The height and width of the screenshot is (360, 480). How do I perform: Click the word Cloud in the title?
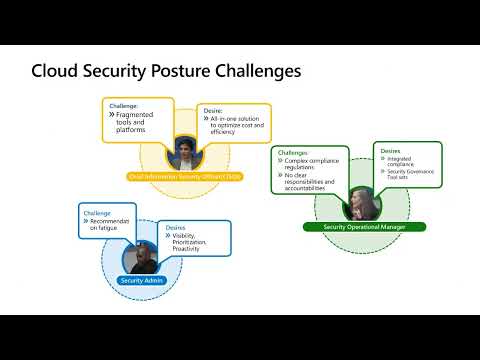pos(57,72)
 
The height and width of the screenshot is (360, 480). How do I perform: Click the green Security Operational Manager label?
pos(364,227)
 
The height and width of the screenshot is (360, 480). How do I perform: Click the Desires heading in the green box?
pos(390,151)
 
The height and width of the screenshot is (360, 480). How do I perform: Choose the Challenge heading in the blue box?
pos(98,213)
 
